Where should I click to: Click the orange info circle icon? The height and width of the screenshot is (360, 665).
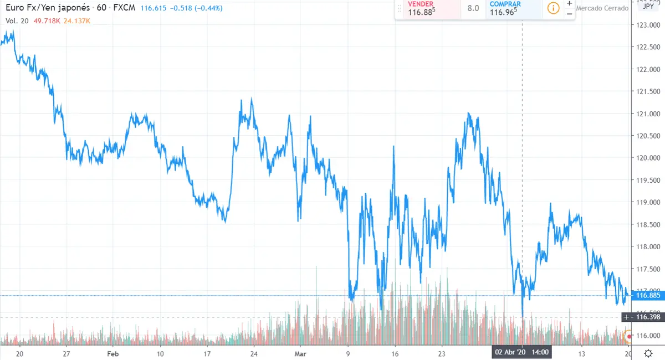tap(553, 8)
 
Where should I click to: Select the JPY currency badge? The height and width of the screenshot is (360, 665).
tap(647, 7)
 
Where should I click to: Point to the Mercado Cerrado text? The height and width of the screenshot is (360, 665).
tap(602, 8)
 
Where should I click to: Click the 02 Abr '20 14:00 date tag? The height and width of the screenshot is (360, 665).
tap(522, 352)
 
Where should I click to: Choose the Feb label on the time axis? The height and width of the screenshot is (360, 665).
tap(112, 353)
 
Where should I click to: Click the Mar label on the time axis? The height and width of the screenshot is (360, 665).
tap(300, 353)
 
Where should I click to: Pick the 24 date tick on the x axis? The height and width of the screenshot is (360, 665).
tap(253, 353)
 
